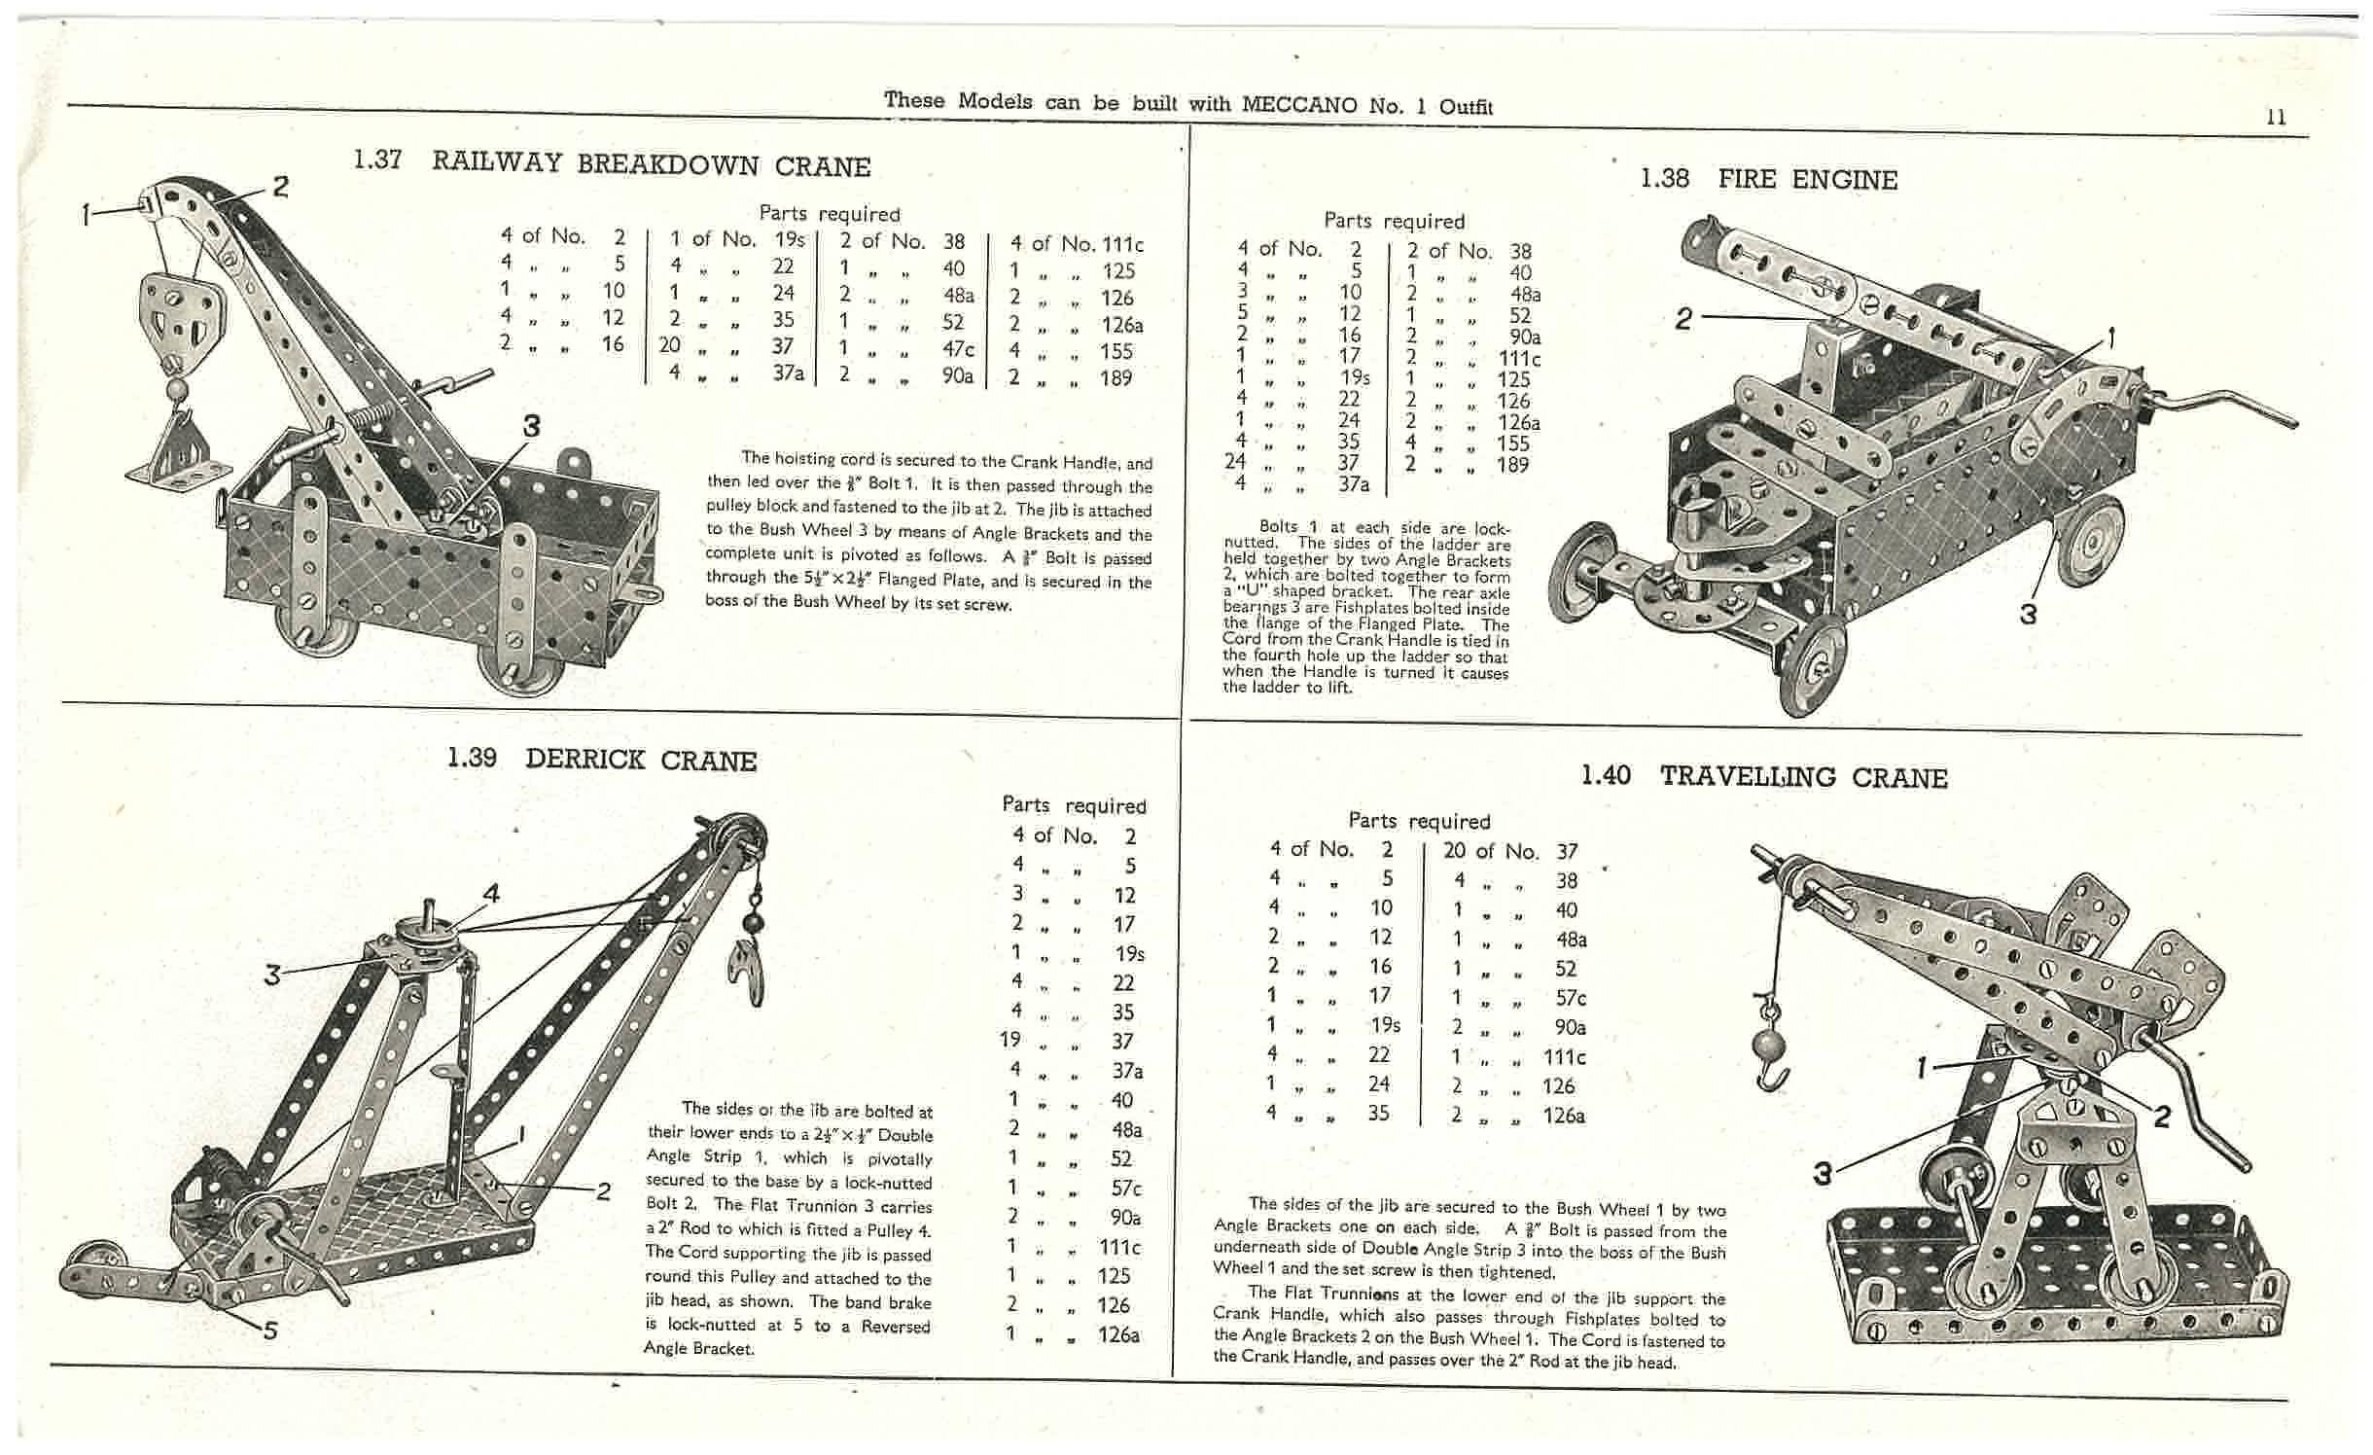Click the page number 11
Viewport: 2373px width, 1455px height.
(2276, 118)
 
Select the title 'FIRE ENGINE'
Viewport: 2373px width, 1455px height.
(1807, 180)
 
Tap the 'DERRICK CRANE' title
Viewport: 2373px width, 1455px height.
(640, 760)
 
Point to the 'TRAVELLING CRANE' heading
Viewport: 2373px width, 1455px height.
(1803, 777)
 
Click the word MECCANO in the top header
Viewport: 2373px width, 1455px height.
(1299, 104)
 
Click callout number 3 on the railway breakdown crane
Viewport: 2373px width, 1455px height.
(531, 425)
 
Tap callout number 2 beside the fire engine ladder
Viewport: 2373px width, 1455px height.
(1683, 317)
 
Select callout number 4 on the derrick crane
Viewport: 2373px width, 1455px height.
(491, 892)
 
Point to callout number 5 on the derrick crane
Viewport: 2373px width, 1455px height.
(271, 1330)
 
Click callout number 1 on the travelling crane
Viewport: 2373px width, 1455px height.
(1922, 1069)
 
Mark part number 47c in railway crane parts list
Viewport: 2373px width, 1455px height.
(956, 349)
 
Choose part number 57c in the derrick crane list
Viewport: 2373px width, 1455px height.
(1125, 1189)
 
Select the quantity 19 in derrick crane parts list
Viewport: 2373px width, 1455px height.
(1010, 1040)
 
